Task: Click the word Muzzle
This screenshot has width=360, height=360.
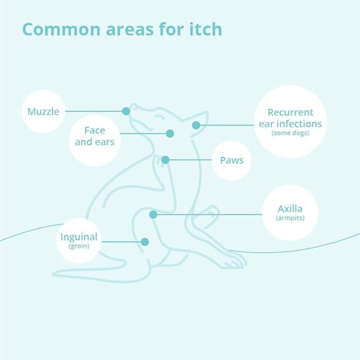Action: click(43, 112)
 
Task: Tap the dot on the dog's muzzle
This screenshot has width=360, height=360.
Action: click(126, 112)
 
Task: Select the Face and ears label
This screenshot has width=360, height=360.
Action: click(95, 136)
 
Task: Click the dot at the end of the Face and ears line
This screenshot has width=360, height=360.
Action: click(170, 133)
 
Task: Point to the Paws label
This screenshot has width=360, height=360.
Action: click(232, 160)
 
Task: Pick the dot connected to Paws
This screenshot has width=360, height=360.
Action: click(166, 160)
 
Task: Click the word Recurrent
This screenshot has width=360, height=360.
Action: click(290, 113)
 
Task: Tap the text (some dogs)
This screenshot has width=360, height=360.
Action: click(290, 133)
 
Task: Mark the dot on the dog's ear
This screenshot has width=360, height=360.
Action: click(196, 125)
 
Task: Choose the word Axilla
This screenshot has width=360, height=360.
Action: click(290, 209)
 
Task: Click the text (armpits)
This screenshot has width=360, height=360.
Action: click(290, 218)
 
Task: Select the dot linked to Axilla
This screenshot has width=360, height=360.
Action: click(154, 214)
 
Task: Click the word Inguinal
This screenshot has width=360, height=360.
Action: click(79, 237)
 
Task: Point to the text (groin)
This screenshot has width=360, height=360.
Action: click(79, 246)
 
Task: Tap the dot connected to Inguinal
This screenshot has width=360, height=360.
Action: click(145, 242)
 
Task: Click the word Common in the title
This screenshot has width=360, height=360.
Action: click(61, 29)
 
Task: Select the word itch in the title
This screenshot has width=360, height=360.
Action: click(205, 29)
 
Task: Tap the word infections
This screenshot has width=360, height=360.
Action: click(299, 124)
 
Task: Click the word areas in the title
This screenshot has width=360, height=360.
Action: click(130, 30)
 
